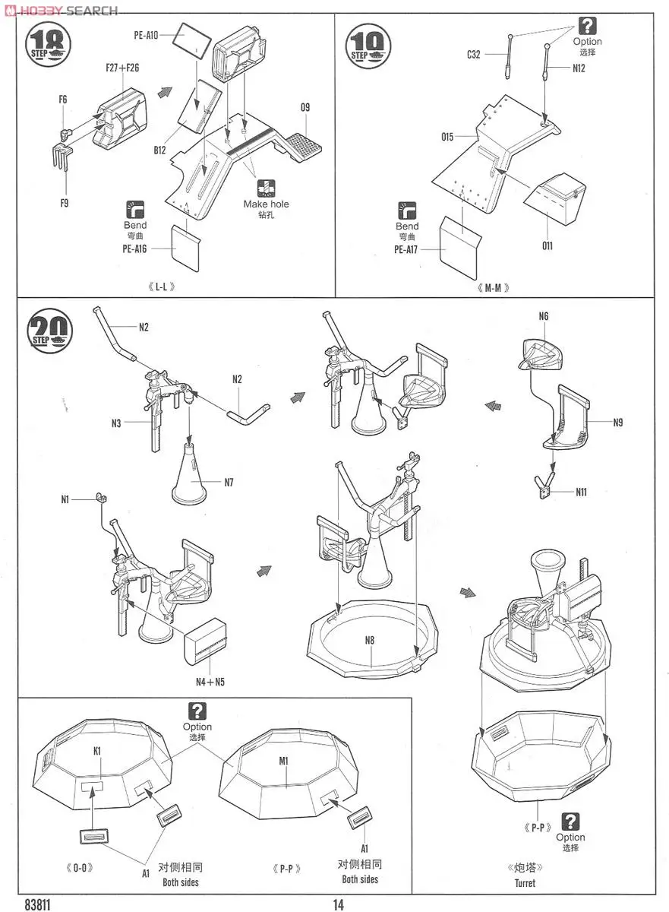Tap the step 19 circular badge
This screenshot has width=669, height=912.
[368, 45]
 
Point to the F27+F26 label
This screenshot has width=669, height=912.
[122, 68]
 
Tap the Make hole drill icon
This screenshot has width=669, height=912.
[266, 188]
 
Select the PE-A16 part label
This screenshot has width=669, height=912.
[133, 249]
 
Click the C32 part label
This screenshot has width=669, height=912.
[474, 54]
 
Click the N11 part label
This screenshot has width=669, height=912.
[581, 492]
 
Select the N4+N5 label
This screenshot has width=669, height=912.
[210, 681]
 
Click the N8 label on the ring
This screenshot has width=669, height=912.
[370, 640]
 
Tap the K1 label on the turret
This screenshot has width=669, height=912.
[97, 750]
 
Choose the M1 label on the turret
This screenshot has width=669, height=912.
[284, 760]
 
